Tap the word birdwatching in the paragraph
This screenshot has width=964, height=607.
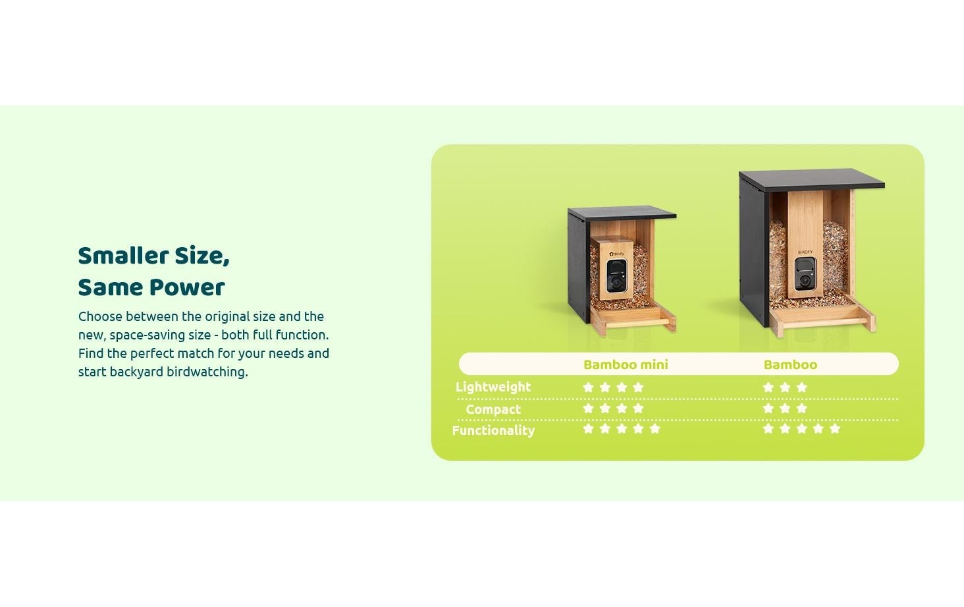[207, 372]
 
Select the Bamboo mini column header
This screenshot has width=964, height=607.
[626, 364]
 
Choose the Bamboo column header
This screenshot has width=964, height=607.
[790, 364]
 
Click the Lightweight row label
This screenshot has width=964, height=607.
[493, 387]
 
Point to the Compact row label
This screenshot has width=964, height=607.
[493, 409]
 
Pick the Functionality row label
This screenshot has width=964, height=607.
[493, 430]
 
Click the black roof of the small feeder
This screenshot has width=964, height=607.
[622, 214]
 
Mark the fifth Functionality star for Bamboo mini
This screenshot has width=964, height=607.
[655, 429]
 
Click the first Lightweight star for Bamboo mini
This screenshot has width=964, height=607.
[588, 388]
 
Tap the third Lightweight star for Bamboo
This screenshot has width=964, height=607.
[801, 388]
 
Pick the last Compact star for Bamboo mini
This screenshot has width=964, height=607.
[638, 409]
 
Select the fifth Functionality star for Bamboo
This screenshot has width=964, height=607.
[835, 429]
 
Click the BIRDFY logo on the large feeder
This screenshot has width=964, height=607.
[805, 252]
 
